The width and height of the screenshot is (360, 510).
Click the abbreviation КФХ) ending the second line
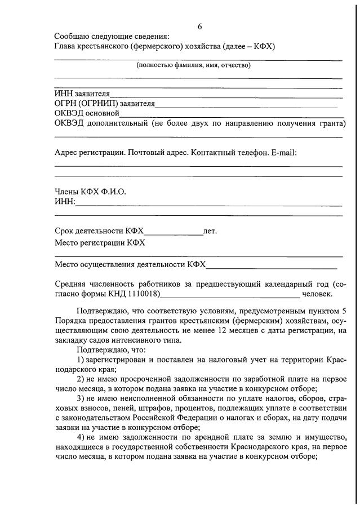(263, 46)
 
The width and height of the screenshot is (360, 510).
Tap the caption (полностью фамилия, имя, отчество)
(193, 65)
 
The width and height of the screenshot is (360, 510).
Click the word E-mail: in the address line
(284, 152)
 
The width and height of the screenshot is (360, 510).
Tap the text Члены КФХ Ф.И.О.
(90, 192)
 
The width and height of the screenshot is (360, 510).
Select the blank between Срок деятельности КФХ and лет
(174, 232)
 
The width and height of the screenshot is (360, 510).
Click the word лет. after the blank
(210, 231)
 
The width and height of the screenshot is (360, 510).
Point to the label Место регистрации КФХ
(100, 243)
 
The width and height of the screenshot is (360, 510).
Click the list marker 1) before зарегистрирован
(80, 360)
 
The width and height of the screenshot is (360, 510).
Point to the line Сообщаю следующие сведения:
(111, 36)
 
